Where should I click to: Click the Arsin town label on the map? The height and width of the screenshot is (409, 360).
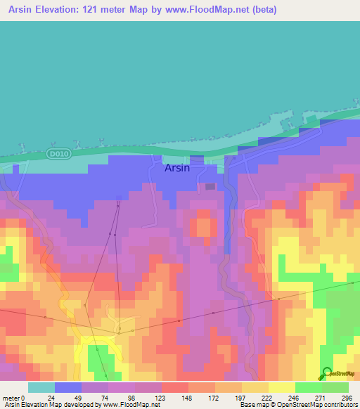176,168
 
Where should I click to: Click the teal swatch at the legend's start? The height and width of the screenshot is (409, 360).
41,387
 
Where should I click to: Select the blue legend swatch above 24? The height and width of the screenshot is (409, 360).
68,387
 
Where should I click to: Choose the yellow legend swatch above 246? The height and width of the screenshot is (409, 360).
282,387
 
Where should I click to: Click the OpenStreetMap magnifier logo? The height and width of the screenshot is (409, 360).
327,373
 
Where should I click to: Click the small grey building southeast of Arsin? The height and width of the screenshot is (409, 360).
210,186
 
